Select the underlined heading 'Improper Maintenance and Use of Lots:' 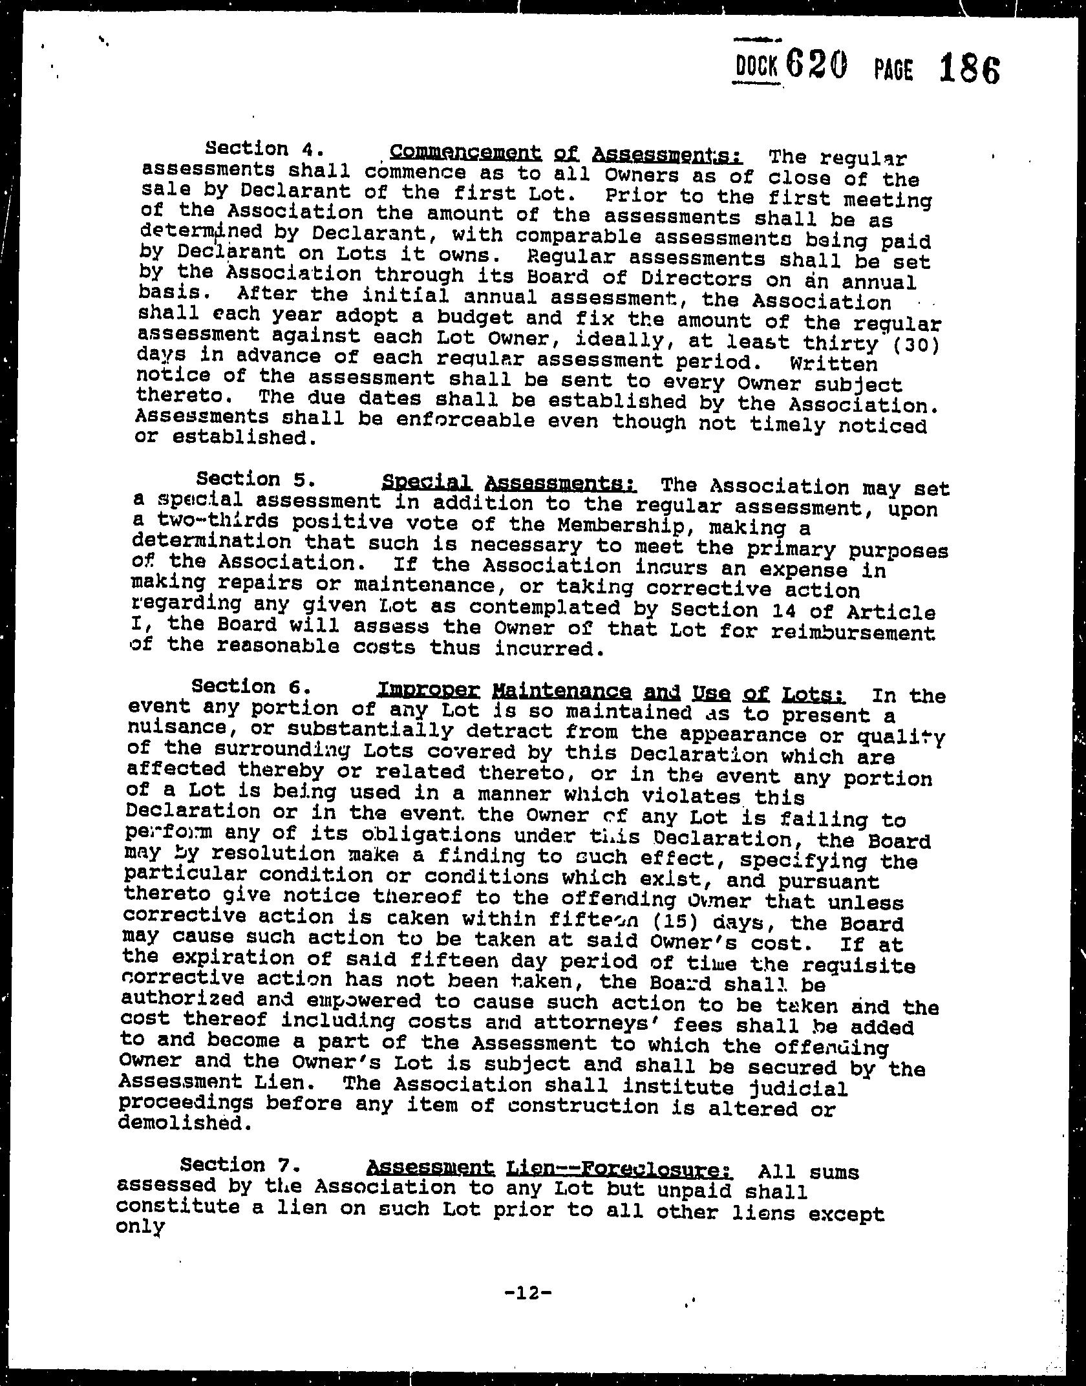pos(611,693)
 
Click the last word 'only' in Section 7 pos(138,1226)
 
